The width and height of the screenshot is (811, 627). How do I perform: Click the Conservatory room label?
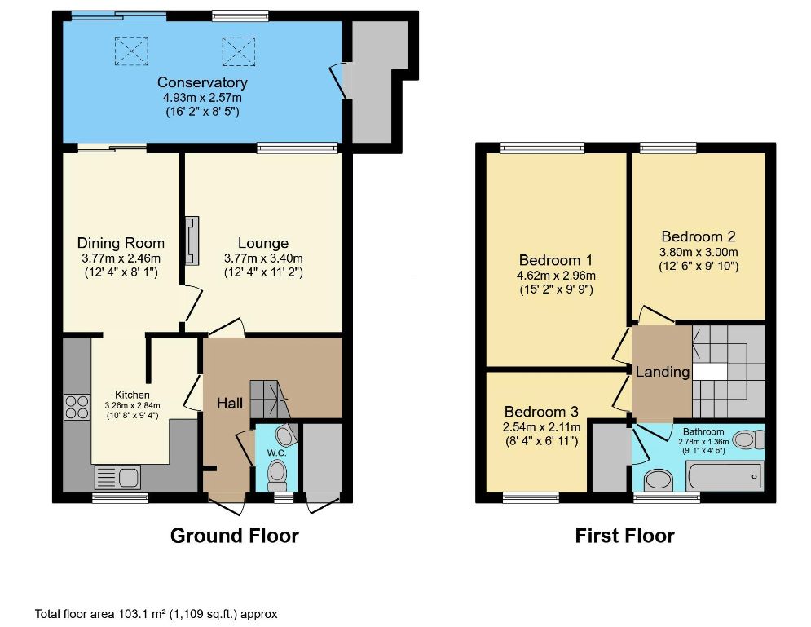tap(202, 82)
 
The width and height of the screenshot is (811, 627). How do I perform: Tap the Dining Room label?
tap(121, 243)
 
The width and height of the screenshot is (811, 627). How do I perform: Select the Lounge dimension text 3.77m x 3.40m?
tap(263, 258)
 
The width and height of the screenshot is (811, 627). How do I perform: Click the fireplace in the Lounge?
tap(192, 241)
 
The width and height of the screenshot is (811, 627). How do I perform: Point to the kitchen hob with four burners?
tap(77, 407)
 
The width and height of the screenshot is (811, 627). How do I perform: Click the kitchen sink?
tap(118, 477)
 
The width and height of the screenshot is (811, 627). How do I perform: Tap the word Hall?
tap(230, 404)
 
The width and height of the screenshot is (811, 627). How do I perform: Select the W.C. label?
tap(276, 453)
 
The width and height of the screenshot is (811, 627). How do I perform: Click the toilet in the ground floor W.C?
tap(277, 475)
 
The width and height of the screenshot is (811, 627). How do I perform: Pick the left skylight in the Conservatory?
tap(131, 51)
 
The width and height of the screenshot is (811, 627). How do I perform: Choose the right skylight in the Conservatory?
tap(239, 51)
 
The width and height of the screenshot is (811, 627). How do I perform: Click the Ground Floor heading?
tap(234, 536)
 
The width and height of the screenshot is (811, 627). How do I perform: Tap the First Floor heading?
tap(625, 536)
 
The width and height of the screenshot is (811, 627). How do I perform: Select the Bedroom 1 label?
tap(556, 260)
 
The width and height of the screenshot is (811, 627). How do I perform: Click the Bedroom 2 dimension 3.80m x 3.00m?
tap(699, 253)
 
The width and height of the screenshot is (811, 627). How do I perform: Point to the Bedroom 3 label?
tap(541, 412)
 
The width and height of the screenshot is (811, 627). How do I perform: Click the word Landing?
tap(663, 372)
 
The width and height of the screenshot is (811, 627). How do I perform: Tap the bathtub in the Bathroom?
tap(724, 476)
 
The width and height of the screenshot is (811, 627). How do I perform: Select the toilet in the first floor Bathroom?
tap(749, 440)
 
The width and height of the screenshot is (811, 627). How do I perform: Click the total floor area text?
tap(156, 614)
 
